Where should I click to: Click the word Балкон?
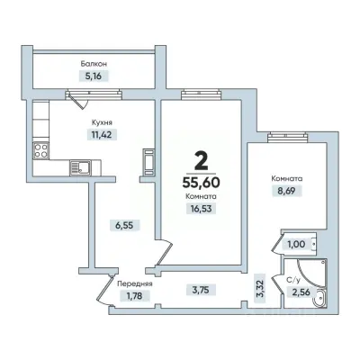point(94,64)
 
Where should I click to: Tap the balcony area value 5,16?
point(94,76)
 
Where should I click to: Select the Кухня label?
point(102,122)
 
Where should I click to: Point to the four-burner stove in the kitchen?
point(40,150)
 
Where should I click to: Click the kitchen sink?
point(80,167)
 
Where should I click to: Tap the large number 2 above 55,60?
point(201,160)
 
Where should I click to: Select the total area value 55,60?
point(201,182)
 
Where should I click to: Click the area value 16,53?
point(201,208)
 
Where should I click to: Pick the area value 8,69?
point(287,191)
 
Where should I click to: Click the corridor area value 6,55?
point(124,225)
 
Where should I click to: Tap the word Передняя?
point(135,283)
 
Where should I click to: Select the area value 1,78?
point(134,296)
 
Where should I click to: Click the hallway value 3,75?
point(201,290)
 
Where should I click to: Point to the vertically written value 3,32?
point(260,289)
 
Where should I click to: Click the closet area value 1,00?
point(296,245)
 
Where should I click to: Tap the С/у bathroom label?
point(293,280)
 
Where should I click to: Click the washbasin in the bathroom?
point(319,297)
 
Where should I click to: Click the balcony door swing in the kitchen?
point(77,101)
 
